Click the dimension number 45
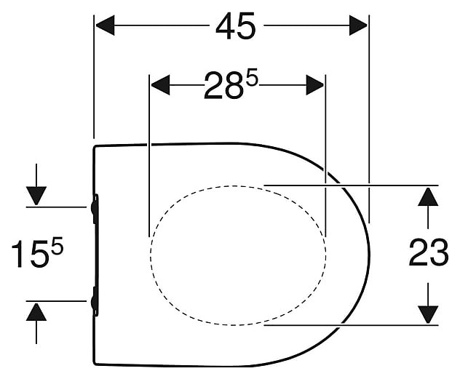coord(236,27)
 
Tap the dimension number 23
coord(428,254)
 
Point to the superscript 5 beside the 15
coord(57,246)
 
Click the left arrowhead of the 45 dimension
coord(106,26)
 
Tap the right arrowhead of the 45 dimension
coord(358,26)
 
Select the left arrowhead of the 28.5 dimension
coord(159,86)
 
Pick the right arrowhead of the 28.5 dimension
coord(315,86)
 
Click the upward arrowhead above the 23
coord(428,196)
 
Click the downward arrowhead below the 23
coord(428,314)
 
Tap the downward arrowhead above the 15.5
coord(36,196)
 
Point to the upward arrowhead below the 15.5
coord(36,312)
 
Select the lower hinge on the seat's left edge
coord(95,300)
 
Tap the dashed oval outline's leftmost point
coord(151,254)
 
